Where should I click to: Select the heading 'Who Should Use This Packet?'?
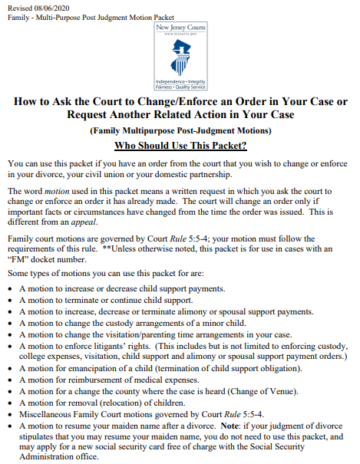pos(180,146)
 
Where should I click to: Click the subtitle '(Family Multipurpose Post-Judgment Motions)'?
pos(180,130)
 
